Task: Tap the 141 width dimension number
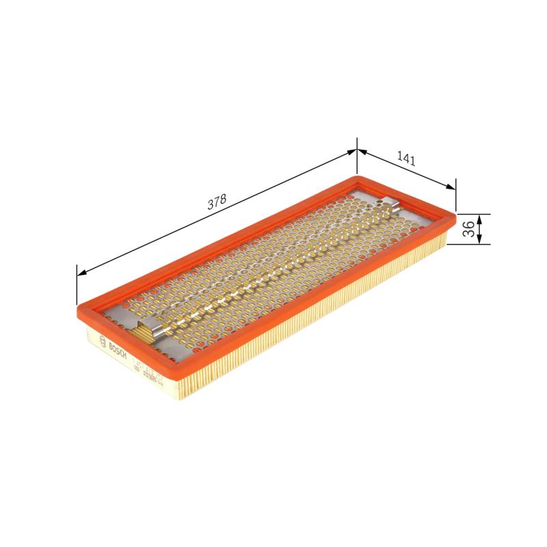(x=405, y=159)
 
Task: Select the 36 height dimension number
(x=468, y=229)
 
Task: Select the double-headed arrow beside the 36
(x=479, y=229)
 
